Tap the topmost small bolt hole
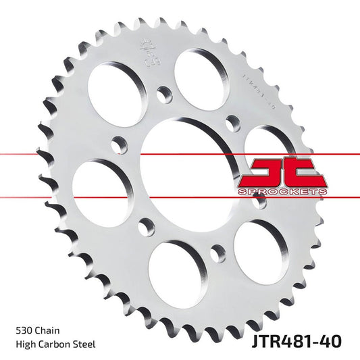pos(162,95)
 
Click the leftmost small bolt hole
pos(120,145)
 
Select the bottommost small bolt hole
pos(217,253)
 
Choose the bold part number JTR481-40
pos(298,340)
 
